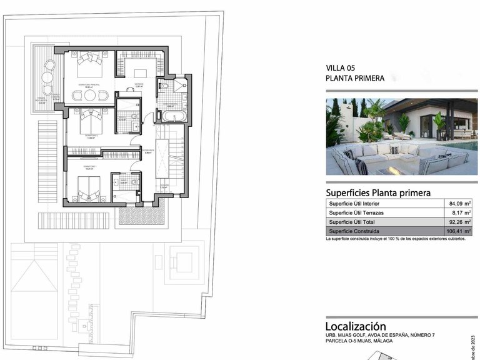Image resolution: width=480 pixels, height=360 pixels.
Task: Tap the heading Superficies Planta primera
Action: [378, 192]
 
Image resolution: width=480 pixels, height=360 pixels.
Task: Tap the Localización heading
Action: [356, 326]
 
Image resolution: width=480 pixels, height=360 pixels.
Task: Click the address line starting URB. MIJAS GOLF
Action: [380, 336]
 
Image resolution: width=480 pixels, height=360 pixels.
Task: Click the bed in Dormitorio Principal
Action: [91, 63]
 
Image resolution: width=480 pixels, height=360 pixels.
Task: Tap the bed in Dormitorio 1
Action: [87, 188]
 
